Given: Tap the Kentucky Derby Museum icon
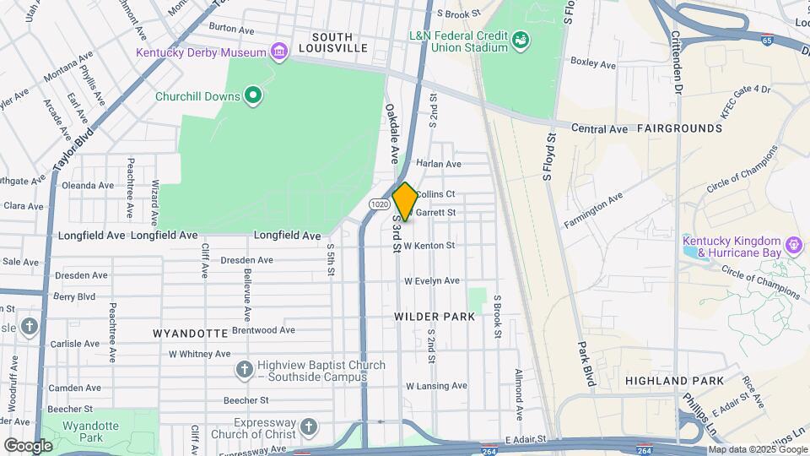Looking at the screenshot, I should pos(278,52).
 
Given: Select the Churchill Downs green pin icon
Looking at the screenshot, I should pos(252,95).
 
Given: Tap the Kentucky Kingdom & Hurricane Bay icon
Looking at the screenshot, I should pos(792,246).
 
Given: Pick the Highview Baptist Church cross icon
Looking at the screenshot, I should pos(244,370).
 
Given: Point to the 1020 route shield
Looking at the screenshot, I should pos(379,204).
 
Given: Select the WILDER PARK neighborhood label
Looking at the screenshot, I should pos(435,317).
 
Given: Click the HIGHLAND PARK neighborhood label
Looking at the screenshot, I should pos(674,381).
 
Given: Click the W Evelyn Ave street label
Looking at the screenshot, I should pos(431,280).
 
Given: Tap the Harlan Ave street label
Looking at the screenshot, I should pos(439,164).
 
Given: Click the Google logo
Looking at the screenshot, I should pos(28,445).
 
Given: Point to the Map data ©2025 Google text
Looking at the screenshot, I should pos(757,450).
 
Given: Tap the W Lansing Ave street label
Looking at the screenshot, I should pos(436,386).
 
